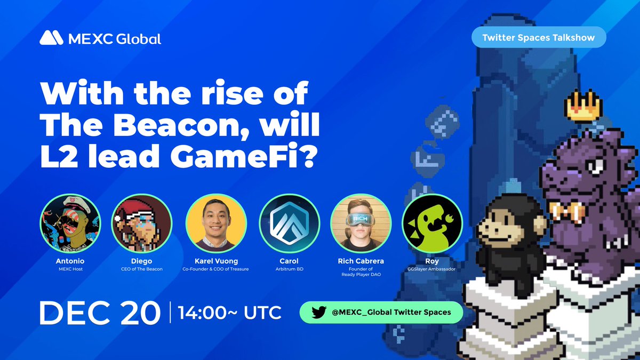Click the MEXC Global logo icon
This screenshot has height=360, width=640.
pyautogui.click(x=51, y=38)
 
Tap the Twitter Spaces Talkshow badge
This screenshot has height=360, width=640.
pyautogui.click(x=540, y=38)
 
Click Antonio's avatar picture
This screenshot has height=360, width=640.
pyautogui.click(x=70, y=223)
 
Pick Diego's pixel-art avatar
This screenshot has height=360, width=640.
pyautogui.click(x=141, y=223)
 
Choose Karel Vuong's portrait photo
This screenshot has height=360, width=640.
pyautogui.click(x=216, y=223)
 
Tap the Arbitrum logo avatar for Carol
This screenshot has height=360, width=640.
pyautogui.click(x=289, y=223)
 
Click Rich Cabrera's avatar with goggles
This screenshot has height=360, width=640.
pyautogui.click(x=361, y=223)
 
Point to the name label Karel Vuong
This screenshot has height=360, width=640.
pyautogui.click(x=216, y=261)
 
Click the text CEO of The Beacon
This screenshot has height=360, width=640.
pyautogui.click(x=141, y=269)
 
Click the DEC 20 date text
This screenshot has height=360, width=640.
pyautogui.click(x=99, y=313)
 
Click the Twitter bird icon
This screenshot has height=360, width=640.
pyautogui.click(x=318, y=313)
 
